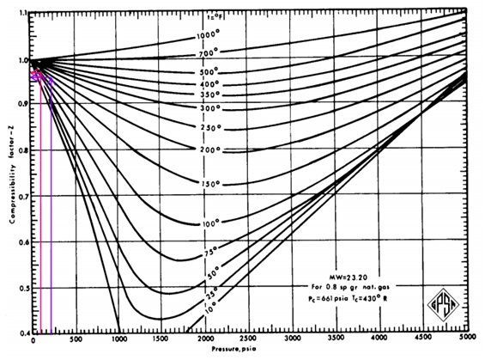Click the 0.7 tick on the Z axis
tap(23, 198)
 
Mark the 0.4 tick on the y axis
tap(23, 332)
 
